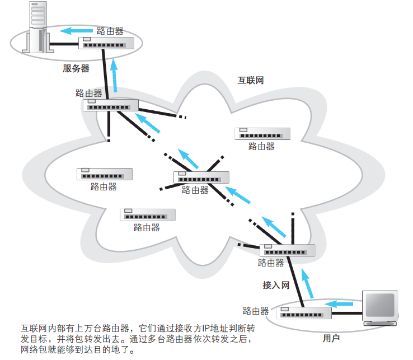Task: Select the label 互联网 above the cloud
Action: point(250,80)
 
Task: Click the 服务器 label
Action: point(76,68)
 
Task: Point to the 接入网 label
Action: point(276,285)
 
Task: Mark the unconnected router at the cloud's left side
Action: point(105,174)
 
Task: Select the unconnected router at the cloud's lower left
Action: point(147,215)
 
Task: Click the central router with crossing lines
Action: point(201,177)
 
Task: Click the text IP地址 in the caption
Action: point(214,328)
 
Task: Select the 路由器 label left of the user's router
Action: point(256,311)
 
